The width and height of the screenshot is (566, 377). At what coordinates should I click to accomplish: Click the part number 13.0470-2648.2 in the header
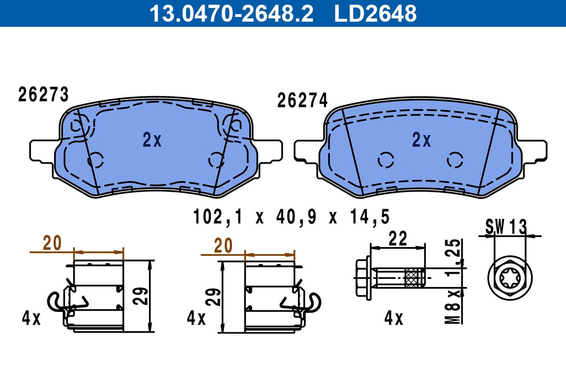[x=232, y=13]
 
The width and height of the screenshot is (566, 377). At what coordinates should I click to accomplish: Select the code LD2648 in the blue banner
[x=375, y=13]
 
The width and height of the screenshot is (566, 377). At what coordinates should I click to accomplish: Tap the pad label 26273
[x=43, y=94]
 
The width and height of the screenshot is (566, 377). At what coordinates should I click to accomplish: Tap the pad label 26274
[x=302, y=100]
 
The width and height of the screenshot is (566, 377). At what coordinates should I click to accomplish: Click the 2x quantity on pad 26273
[x=152, y=139]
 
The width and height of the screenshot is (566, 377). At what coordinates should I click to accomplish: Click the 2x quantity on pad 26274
[x=421, y=139]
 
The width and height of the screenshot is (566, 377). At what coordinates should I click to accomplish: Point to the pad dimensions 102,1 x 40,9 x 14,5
[x=291, y=217]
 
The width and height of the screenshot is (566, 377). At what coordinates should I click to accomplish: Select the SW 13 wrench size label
[x=506, y=227]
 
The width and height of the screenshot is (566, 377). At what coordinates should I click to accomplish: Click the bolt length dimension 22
[x=398, y=238]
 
